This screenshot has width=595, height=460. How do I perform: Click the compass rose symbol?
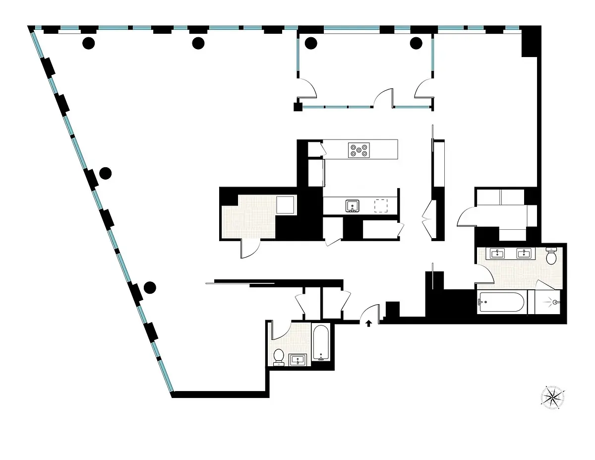click(552, 396)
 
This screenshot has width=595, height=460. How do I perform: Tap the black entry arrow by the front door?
click(368, 324)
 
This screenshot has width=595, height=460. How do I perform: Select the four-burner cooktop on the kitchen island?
click(358, 149)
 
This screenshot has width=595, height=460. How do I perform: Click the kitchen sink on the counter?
click(353, 205)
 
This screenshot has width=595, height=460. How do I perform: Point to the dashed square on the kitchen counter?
click(381, 205)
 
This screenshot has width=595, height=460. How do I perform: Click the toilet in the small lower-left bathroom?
click(279, 356)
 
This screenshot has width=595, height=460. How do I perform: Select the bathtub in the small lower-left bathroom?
click(321, 343)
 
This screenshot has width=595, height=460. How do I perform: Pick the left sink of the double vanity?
click(496, 254)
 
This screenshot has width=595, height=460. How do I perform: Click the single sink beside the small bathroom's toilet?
click(298, 359)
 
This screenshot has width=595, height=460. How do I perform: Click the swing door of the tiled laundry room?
click(250, 248)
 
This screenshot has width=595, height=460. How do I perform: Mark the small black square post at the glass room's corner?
click(297, 106)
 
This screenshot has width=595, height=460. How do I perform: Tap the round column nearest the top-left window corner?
click(88, 44)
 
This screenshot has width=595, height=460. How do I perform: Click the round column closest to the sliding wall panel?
click(150, 287)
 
